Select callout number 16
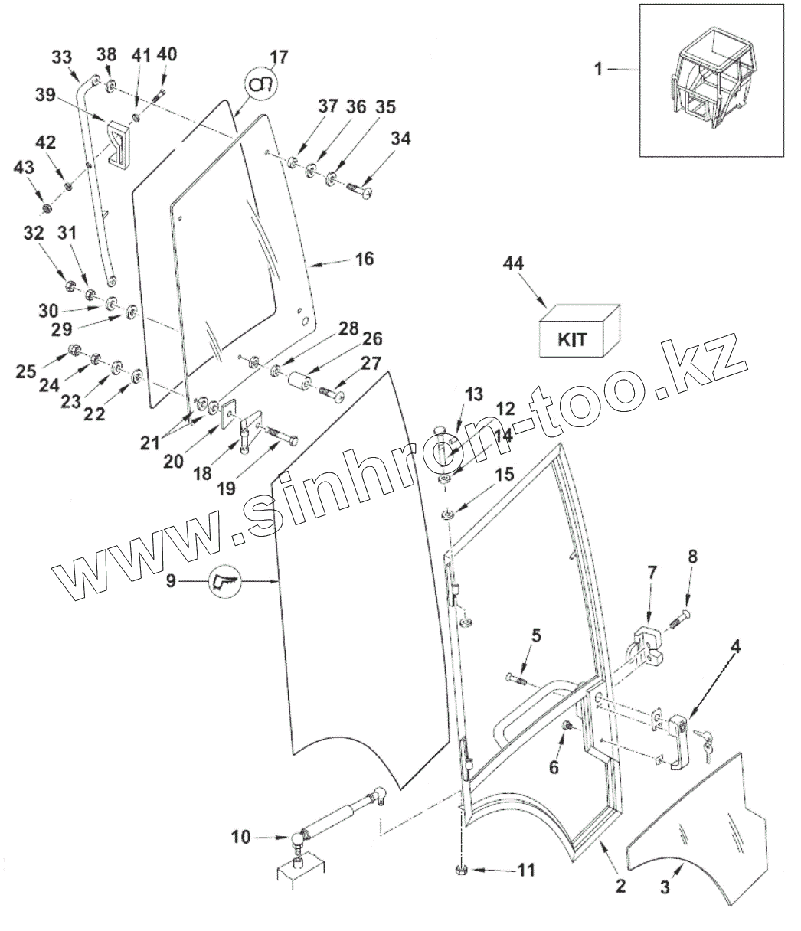(x=365, y=260)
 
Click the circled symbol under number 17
(x=261, y=82)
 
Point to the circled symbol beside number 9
(x=224, y=582)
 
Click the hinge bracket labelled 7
(x=645, y=642)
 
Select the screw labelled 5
(x=515, y=678)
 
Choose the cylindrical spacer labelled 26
(x=299, y=381)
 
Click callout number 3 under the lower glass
(x=665, y=889)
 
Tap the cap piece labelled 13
(x=440, y=429)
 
